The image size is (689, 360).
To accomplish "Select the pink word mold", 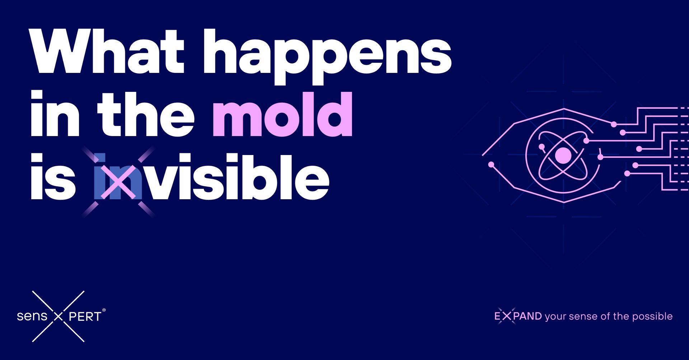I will coord(283,114).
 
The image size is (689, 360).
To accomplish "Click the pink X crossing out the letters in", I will coord(118,182).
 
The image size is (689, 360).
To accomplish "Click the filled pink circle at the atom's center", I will coord(563,155).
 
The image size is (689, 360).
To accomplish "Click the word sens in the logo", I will coord(32,316).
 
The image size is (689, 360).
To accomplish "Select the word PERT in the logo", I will coord(85,317).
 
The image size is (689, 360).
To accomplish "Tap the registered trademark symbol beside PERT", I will coord(104,310).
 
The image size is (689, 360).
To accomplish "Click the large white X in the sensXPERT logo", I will coord(58,316).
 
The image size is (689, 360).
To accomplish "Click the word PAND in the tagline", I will coord(528,316).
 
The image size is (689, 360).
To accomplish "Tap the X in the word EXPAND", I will coord(506,316).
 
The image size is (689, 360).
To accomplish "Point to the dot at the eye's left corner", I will coord(491,164).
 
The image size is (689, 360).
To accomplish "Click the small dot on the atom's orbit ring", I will coord(541,146).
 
